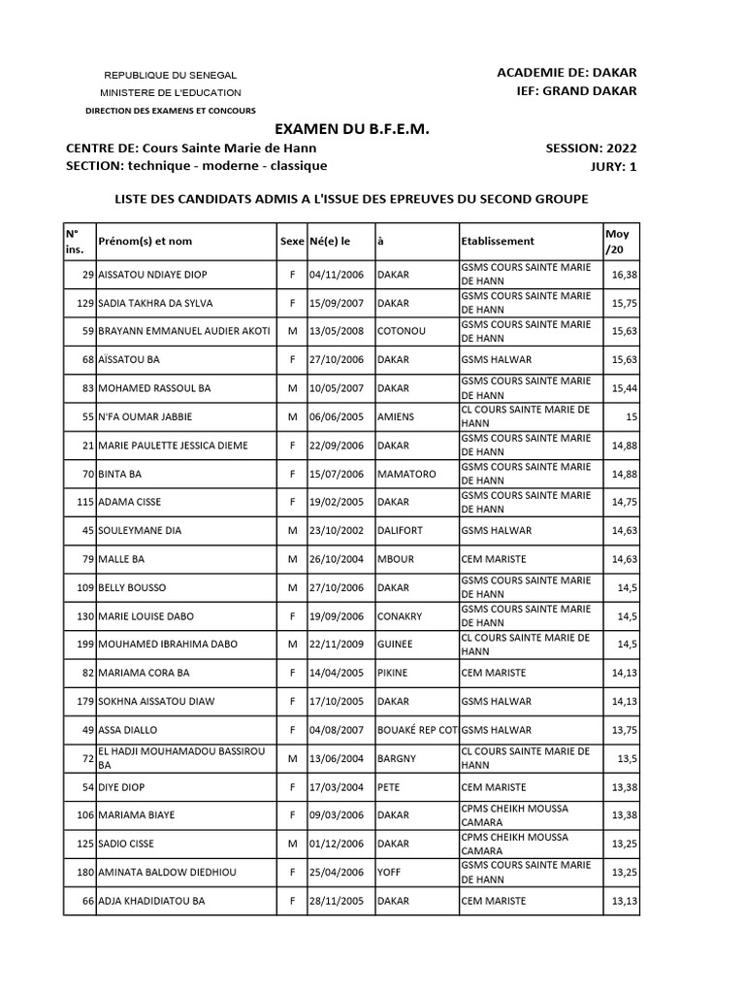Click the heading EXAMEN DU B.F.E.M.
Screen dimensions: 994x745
coord(350,129)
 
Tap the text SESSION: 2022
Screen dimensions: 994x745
coord(592,149)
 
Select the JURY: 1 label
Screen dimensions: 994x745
coord(613,166)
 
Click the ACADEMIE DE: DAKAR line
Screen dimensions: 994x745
coord(567,73)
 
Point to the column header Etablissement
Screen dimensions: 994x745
coord(498,241)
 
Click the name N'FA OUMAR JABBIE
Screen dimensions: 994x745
coord(146,416)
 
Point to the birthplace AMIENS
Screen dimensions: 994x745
coord(396,416)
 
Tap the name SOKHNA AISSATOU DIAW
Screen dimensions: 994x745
coord(156,701)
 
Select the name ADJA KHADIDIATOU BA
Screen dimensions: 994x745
coord(151,901)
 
